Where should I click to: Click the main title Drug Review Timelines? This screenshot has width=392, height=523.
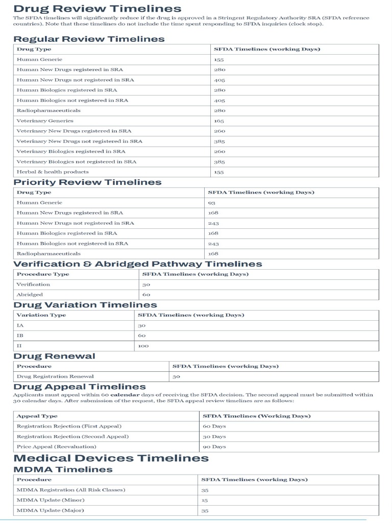click(97, 8)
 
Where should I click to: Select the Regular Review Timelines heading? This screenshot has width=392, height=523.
click(89, 39)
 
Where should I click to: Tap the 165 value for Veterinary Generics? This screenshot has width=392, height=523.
click(219, 121)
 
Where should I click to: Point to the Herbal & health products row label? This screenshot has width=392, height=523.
click(53, 172)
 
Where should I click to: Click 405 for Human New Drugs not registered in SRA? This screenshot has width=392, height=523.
click(219, 80)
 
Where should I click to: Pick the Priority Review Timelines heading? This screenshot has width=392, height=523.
click(87, 182)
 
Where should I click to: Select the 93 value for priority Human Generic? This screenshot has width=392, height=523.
click(212, 203)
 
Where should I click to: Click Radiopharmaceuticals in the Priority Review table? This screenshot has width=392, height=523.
click(48, 254)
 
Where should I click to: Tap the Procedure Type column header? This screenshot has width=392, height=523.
click(43, 274)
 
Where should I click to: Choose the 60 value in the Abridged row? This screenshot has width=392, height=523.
click(146, 295)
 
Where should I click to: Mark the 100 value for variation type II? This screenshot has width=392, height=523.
click(143, 346)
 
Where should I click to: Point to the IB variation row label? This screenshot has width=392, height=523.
click(20, 336)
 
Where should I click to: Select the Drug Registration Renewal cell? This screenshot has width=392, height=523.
click(55, 376)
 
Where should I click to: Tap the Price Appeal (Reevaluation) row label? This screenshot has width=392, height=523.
click(56, 446)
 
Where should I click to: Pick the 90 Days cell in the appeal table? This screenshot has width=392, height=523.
click(214, 446)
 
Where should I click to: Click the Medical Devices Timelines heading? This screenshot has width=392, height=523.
click(111, 458)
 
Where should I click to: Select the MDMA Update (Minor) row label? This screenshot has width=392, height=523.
click(51, 500)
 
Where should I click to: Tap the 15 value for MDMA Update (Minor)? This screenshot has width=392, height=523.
click(205, 500)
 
